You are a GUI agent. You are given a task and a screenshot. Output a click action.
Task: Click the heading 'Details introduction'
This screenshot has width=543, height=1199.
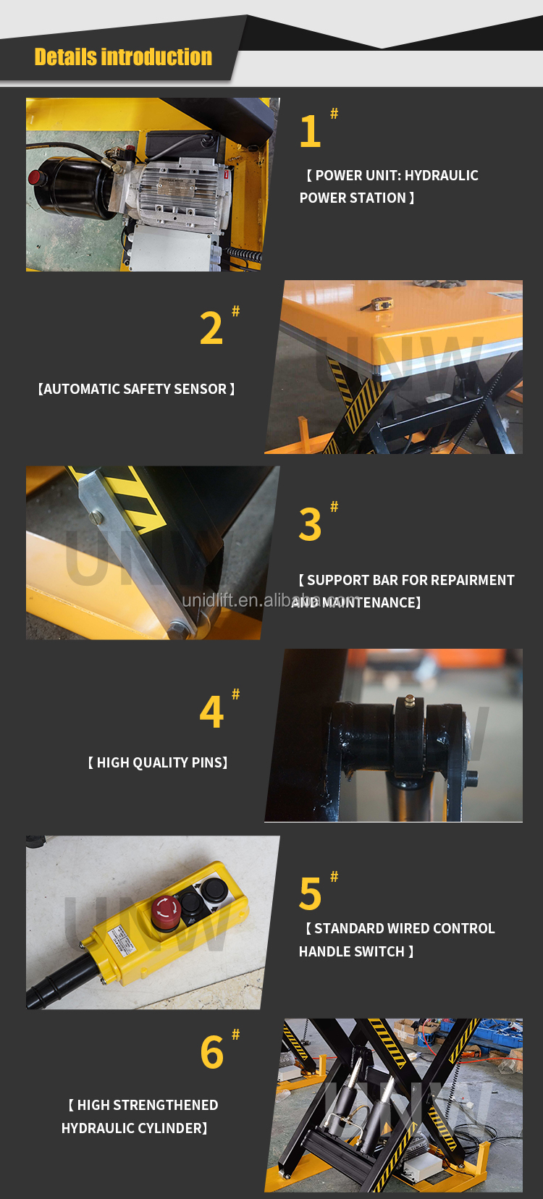click(x=123, y=57)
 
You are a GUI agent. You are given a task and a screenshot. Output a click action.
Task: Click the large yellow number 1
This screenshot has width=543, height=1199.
click(x=310, y=132)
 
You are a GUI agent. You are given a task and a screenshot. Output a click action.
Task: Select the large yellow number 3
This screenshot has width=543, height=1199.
click(x=310, y=525)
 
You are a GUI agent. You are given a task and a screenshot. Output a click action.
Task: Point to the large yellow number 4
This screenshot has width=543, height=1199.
click(x=211, y=712)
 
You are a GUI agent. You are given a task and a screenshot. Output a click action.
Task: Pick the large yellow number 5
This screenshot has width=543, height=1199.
click(x=310, y=894)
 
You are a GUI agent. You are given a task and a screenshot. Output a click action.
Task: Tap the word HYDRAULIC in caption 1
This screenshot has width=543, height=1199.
click(x=442, y=175)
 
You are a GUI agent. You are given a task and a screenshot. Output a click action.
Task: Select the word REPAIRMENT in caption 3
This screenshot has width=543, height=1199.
click(x=473, y=580)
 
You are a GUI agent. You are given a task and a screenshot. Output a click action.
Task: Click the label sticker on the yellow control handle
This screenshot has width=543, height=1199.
click(x=121, y=940)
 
